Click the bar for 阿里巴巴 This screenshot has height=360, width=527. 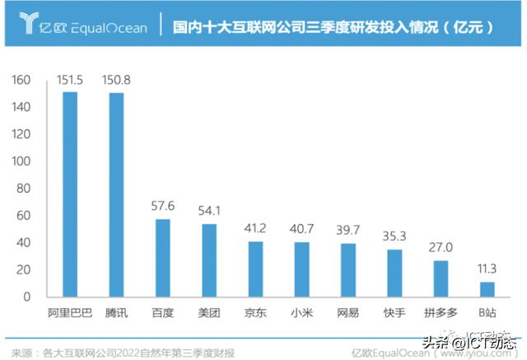pyautogui.click(x=71, y=194)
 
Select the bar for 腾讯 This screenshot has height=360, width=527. pyautogui.click(x=117, y=195)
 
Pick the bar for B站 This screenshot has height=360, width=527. pyautogui.click(x=487, y=289)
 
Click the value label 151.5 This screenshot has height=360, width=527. pyautogui.click(x=71, y=81)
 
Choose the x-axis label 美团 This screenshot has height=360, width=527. pyautogui.click(x=210, y=313)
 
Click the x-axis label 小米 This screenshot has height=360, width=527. pyautogui.click(x=302, y=313)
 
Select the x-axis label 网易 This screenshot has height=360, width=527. pyautogui.click(x=348, y=313)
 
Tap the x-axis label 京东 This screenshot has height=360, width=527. pyautogui.click(x=256, y=313)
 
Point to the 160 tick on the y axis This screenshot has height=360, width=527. pyautogui.click(x=21, y=81)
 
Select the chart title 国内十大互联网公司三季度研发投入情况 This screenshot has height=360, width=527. pyautogui.click(x=325, y=27)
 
